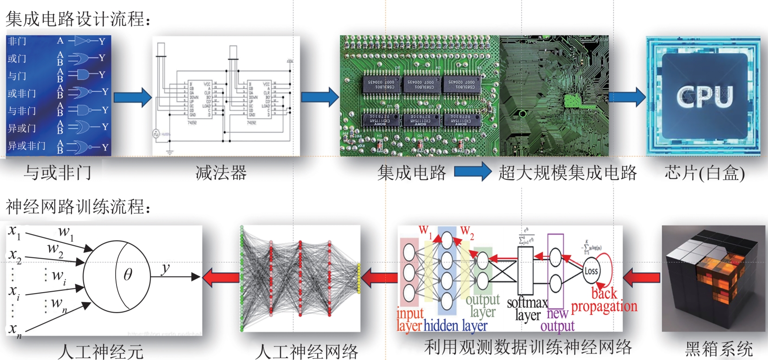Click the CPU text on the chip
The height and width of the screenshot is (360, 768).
tap(704, 96)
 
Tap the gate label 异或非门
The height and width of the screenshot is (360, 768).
tap(26, 146)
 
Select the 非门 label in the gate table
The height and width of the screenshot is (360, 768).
tap(17, 41)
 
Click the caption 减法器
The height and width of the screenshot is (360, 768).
tap(221, 173)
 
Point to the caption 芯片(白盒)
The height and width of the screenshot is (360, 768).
tap(704, 173)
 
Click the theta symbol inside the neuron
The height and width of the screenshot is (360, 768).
tap(128, 275)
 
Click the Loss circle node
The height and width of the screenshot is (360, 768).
tap(591, 271)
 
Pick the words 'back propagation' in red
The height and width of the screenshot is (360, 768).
tap(604, 300)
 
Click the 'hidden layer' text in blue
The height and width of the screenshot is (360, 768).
tap(456, 326)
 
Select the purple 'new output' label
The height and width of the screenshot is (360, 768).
tap(557, 320)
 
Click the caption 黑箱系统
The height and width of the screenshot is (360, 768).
tap(719, 348)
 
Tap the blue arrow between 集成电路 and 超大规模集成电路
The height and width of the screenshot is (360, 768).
tap(472, 172)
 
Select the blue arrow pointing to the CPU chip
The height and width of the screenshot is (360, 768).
tap(627, 97)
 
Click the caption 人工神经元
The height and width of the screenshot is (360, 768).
tap(101, 352)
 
